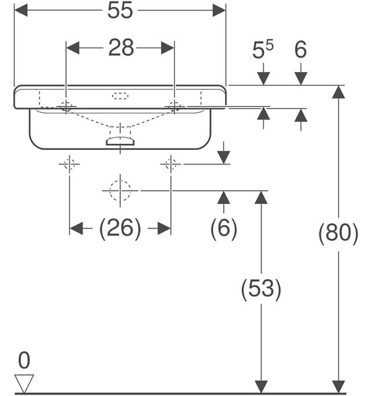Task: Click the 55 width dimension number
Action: (x=120, y=11)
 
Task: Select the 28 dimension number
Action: (x=121, y=48)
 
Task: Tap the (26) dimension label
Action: (x=120, y=228)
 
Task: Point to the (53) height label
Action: (x=261, y=289)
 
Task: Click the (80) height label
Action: (x=338, y=233)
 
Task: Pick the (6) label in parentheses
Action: (x=224, y=228)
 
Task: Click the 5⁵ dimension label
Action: (x=263, y=49)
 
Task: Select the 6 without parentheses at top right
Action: (x=300, y=49)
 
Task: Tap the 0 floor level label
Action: (x=24, y=360)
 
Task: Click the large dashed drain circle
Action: (x=120, y=191)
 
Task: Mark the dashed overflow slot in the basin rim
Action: (x=120, y=96)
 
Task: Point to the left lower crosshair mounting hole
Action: (x=69, y=164)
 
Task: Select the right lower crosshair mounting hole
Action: (x=171, y=164)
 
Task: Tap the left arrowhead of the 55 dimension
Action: (x=21, y=11)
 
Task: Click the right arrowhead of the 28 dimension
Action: (x=168, y=48)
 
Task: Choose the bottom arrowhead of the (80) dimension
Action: (x=339, y=387)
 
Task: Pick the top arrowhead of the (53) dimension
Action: (x=261, y=197)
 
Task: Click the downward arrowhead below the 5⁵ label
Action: (x=263, y=79)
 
